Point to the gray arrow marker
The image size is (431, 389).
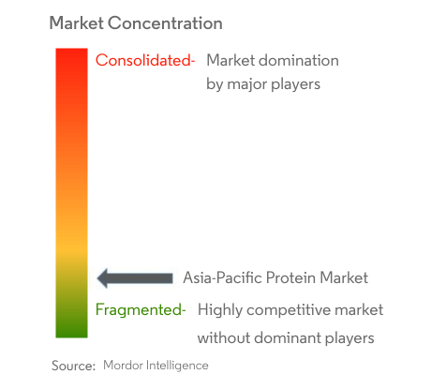[x=135, y=277]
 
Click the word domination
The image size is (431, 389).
[x=296, y=61]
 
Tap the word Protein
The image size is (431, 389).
[x=295, y=277]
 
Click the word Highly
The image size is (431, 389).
[x=220, y=310]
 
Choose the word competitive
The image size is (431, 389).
[x=288, y=310]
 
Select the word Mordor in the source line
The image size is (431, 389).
[x=123, y=366]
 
